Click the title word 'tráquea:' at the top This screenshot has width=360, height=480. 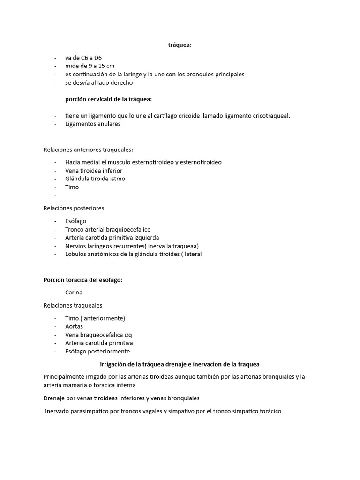tap(180, 45)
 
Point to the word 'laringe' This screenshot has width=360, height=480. tap(157, 74)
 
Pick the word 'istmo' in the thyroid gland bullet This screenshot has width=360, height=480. tap(117, 179)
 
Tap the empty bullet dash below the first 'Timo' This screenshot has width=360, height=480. tap(55, 195)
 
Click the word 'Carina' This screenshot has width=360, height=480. tap(74, 292)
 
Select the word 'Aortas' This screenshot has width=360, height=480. tap(74, 326)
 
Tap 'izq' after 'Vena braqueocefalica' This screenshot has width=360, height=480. tap(134, 335)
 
